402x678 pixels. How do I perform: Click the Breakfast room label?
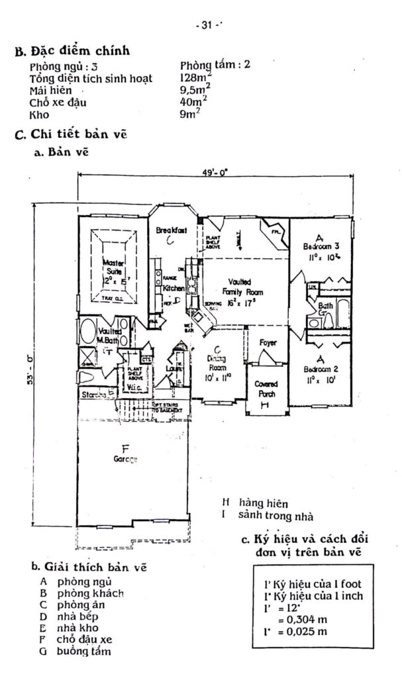(171, 230)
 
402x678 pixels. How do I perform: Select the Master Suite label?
(114, 267)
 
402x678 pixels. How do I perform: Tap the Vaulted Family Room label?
(244, 287)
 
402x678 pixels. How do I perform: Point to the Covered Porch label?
(266, 389)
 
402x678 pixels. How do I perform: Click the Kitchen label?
(172, 289)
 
